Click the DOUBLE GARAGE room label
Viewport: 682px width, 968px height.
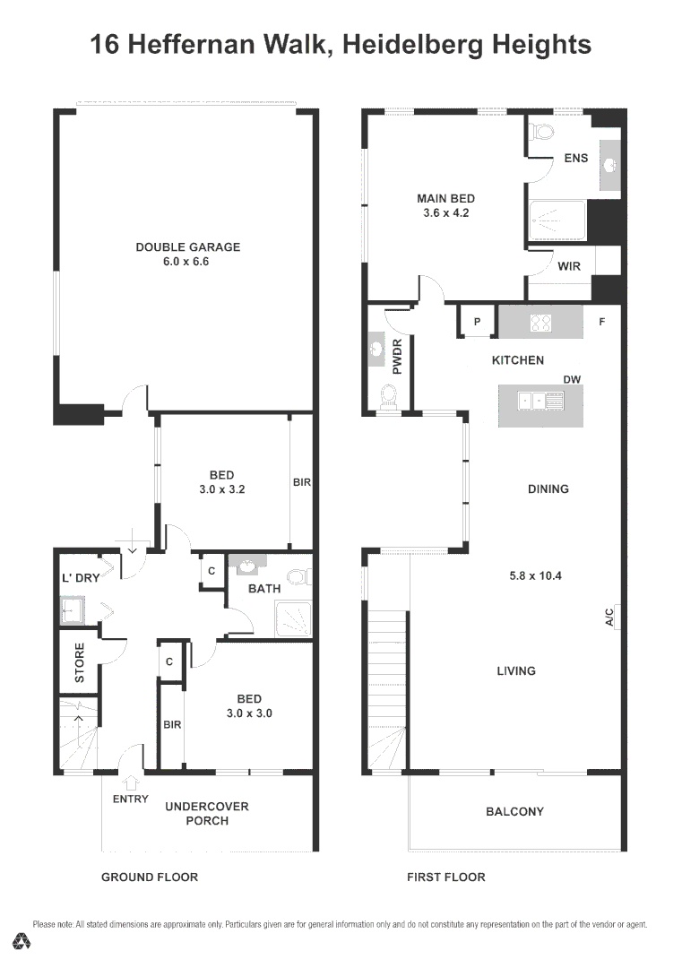click(x=187, y=247)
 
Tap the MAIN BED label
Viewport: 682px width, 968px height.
click(x=445, y=199)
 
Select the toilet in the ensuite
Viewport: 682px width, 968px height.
click(x=542, y=134)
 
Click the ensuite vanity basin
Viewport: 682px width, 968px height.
click(x=609, y=166)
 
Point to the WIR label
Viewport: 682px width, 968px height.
click(x=569, y=266)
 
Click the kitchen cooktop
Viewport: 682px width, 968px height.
click(x=540, y=322)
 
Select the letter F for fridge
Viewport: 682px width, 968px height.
click(x=602, y=321)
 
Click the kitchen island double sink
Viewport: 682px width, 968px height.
click(x=540, y=402)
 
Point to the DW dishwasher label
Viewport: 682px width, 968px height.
click(x=572, y=380)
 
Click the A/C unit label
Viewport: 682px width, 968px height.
click(x=609, y=617)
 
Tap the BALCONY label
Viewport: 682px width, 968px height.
click(x=514, y=812)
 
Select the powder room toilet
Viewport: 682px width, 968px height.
click(x=388, y=395)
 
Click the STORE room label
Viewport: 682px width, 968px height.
click(x=79, y=662)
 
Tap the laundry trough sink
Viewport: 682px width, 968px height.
click(x=71, y=612)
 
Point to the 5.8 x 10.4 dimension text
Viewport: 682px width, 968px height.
click(x=535, y=575)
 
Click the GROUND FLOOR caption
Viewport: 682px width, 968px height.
click(x=150, y=877)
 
